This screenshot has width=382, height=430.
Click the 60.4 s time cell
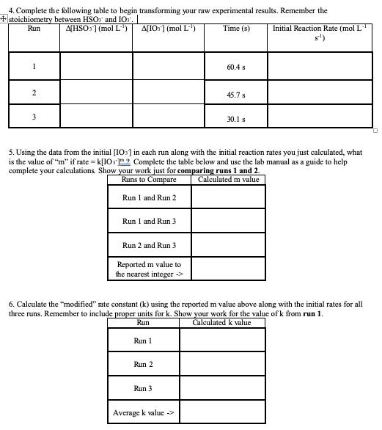236,68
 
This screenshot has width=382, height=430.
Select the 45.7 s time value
236,95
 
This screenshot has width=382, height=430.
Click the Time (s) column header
236,29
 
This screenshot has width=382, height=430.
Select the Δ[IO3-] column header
166,29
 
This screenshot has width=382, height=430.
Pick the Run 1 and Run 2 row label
149,198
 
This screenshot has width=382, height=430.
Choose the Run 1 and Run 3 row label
149,222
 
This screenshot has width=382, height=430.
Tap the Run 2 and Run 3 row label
149,246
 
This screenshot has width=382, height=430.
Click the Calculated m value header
228,180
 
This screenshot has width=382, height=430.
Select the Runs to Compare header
149,180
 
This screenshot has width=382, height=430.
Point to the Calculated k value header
221,323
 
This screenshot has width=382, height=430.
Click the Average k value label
144,413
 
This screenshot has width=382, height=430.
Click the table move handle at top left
4,19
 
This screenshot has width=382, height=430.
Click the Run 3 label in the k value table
143,389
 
